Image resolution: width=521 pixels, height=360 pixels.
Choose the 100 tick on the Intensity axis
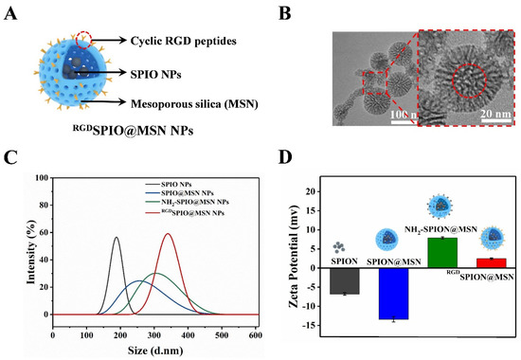tap(40, 176)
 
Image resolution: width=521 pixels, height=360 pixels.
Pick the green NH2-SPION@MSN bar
tap(442, 251)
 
